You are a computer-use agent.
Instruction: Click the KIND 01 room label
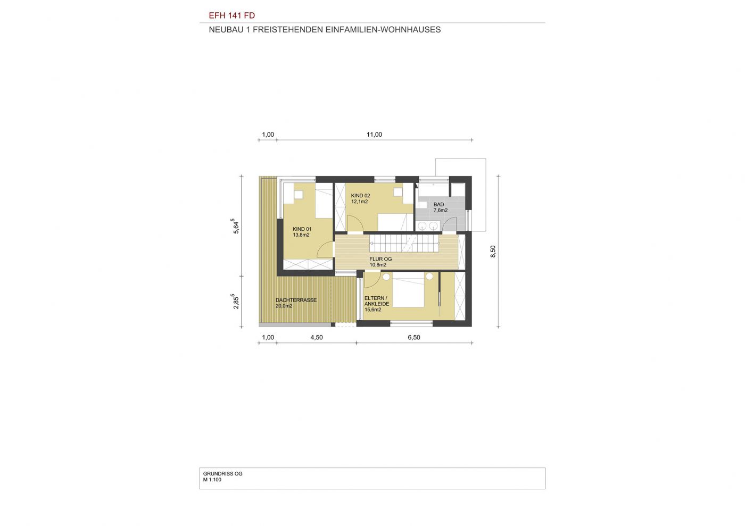tap(302, 229)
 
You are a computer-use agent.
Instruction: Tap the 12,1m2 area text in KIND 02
tap(360, 202)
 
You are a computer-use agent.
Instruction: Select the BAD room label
tap(438, 204)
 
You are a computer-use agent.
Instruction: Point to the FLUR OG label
tap(380, 259)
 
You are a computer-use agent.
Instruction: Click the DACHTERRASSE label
tap(296, 300)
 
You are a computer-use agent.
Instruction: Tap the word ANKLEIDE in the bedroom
tap(377, 304)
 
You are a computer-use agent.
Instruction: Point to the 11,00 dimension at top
tap(374, 135)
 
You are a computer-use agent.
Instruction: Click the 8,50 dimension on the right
tap(493, 252)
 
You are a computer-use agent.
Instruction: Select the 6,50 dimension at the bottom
tap(414, 338)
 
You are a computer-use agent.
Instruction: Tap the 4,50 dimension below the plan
tap(317, 338)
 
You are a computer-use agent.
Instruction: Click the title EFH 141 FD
tap(232, 15)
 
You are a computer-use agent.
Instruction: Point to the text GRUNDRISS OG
tap(223, 474)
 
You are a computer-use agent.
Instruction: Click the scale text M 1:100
tap(212, 480)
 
